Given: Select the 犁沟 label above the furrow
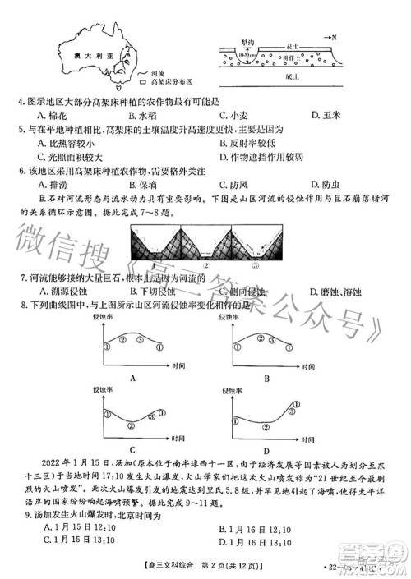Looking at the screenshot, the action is coord(246,41).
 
